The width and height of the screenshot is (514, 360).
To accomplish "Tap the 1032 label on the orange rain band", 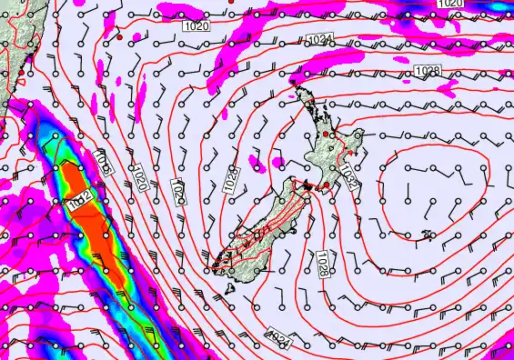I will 79,204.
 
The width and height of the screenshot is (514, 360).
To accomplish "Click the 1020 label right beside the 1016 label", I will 141,176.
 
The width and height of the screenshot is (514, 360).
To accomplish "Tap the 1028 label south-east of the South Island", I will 320,265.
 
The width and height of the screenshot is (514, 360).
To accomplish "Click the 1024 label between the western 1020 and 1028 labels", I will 179,192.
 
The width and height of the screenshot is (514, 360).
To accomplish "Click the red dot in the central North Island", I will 334,134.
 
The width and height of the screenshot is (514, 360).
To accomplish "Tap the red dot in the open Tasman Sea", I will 119,38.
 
